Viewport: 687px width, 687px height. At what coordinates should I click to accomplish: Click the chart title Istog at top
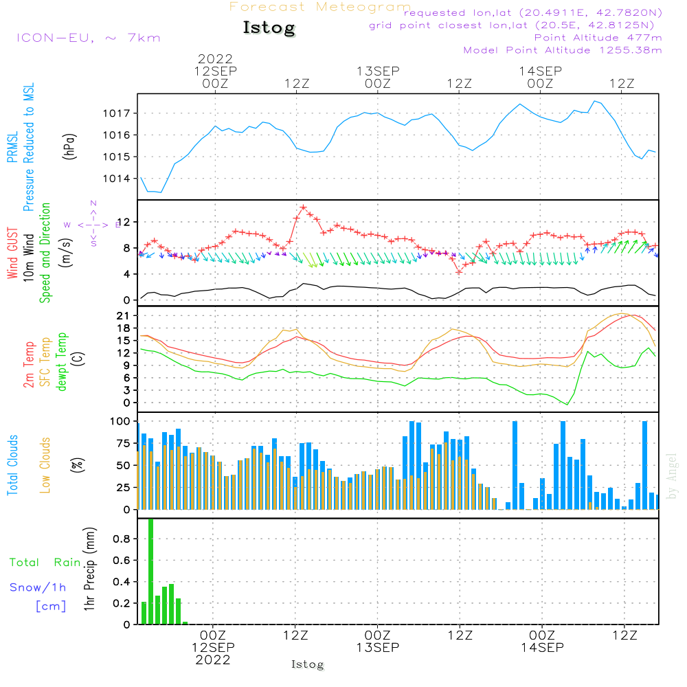click(269, 28)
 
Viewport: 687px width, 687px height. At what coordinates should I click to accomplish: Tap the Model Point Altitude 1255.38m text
click(563, 50)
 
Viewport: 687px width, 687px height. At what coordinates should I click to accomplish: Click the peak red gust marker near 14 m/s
click(303, 207)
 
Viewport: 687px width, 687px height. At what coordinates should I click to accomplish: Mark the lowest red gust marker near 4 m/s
click(459, 272)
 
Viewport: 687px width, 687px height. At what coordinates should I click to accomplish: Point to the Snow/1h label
click(38, 587)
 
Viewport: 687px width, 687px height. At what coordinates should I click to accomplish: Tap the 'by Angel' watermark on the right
click(673, 475)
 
